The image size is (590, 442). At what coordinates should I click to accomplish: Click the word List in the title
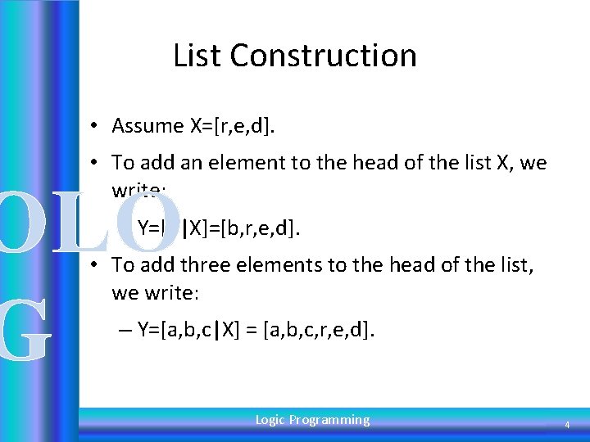197,56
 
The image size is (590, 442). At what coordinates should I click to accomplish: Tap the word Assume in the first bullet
147,126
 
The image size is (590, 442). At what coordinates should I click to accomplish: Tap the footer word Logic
270,420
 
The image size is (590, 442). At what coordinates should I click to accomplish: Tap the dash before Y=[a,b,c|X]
124,331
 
